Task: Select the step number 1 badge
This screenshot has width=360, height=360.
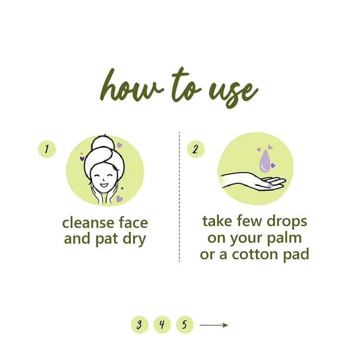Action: [x=46, y=149]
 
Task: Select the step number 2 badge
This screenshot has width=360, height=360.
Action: [x=195, y=149]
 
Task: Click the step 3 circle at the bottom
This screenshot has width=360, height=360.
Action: [x=139, y=325]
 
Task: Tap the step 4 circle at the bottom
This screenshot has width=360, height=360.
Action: [x=162, y=325]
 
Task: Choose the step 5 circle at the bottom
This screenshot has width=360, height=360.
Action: [x=184, y=325]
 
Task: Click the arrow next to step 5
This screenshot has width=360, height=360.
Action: [x=214, y=325]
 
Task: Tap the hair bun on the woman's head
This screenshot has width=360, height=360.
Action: [x=104, y=142]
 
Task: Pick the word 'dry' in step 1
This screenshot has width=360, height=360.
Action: [x=133, y=239]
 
